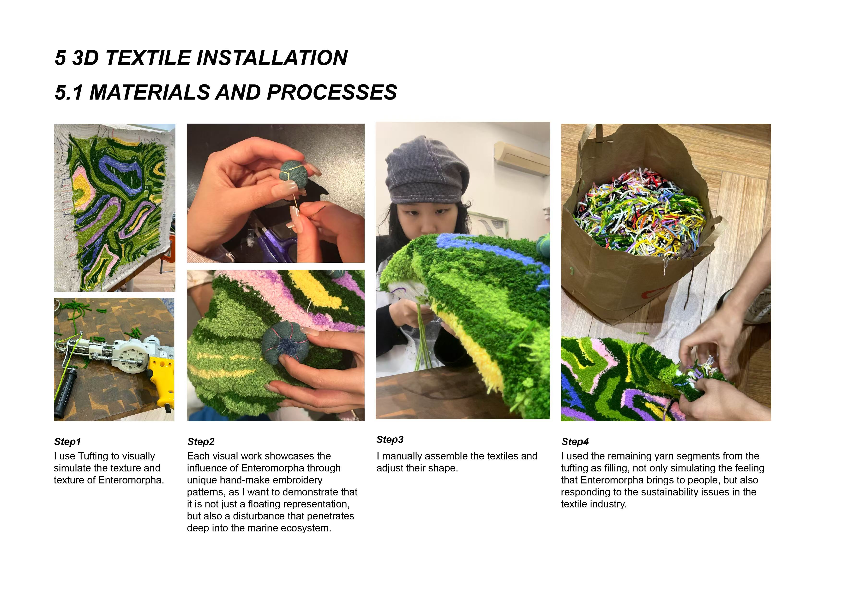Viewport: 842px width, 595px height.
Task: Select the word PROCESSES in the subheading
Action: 332,92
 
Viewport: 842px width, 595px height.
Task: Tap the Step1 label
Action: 67,442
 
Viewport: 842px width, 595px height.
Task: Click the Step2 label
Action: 201,442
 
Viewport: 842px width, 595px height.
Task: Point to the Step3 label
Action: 390,440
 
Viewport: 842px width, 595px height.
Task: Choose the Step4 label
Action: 575,442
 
